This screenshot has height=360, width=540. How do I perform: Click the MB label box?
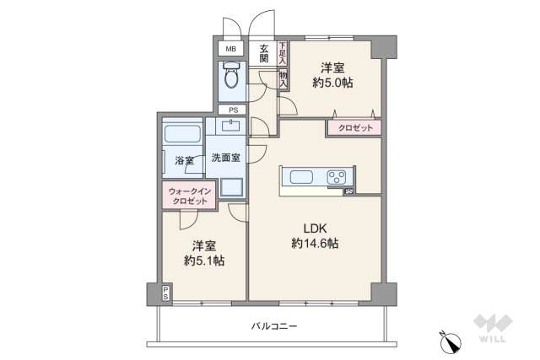pos(229,50)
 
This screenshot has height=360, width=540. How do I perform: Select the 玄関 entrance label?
pos(264,53)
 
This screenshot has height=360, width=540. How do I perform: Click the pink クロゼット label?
pos(354,127)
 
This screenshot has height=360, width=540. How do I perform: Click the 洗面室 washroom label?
pos(225,157)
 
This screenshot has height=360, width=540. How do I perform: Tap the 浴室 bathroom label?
pos(184,159)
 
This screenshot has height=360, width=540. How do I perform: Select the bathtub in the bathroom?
pos(181,133)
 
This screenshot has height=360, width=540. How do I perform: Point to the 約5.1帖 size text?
pos(204,261)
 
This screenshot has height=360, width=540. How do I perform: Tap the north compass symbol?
pos(448,341)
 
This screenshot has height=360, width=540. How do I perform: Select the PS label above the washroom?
pos(229,110)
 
